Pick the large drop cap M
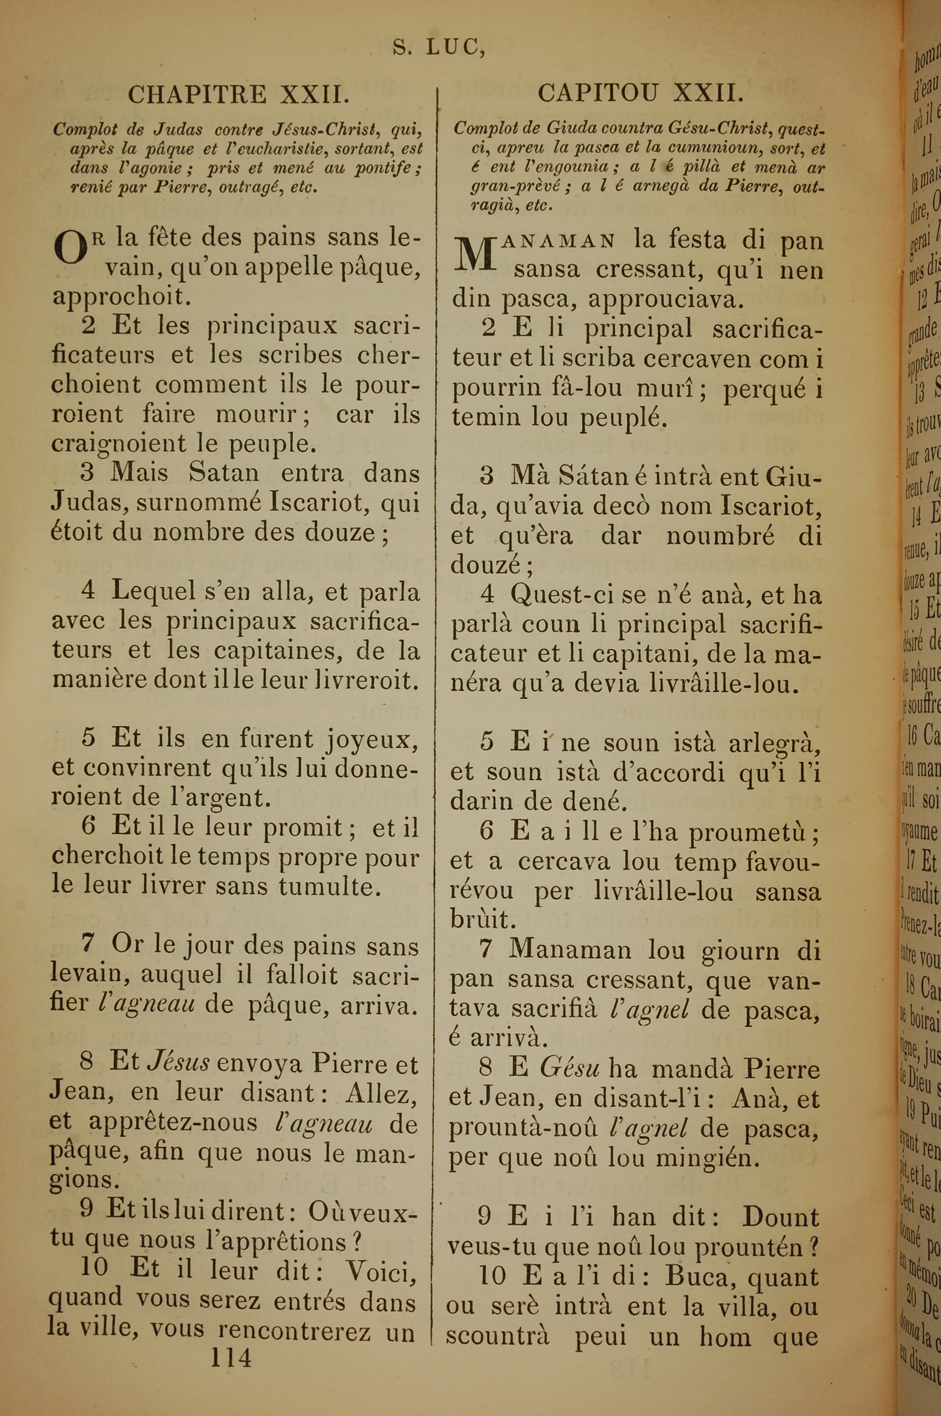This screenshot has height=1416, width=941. pos(476,253)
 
